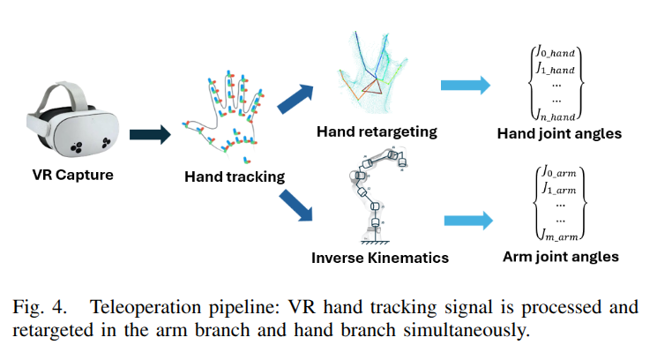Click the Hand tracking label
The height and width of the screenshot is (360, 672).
coord(235,176)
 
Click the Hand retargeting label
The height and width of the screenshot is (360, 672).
coord(377,131)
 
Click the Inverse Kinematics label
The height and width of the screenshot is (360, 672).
coord(380,258)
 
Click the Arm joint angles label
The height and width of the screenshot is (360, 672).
coord(560,257)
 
